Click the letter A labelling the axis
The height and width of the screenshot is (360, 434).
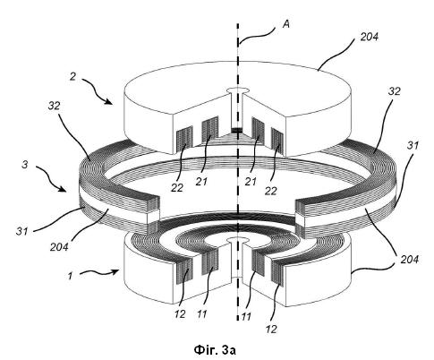[x=285, y=24]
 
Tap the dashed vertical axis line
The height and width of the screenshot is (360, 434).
[x=238, y=172]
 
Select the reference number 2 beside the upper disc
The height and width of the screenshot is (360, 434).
[x=73, y=77]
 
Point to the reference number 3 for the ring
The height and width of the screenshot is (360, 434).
[x=25, y=164]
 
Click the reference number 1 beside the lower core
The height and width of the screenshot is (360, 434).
[x=71, y=276]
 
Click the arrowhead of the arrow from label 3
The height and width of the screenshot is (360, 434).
[x=63, y=189]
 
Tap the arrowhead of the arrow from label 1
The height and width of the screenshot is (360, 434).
[x=115, y=271]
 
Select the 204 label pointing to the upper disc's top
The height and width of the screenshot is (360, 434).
[x=370, y=37]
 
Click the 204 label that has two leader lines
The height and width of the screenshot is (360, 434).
[x=410, y=260]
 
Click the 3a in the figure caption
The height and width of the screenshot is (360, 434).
[x=230, y=350]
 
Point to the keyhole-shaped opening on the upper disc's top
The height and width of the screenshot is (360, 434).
[x=238, y=90]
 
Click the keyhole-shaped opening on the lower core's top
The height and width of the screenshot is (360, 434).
[x=238, y=240]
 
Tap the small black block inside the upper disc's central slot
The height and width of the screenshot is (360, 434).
[x=236, y=131]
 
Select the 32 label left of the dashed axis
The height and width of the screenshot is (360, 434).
[x=55, y=106]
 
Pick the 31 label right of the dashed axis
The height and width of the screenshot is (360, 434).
[x=413, y=146]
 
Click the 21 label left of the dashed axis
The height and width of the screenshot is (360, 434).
[x=201, y=181]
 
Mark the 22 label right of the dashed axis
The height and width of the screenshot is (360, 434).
[x=271, y=191]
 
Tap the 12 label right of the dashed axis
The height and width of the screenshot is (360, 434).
[x=271, y=329]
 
